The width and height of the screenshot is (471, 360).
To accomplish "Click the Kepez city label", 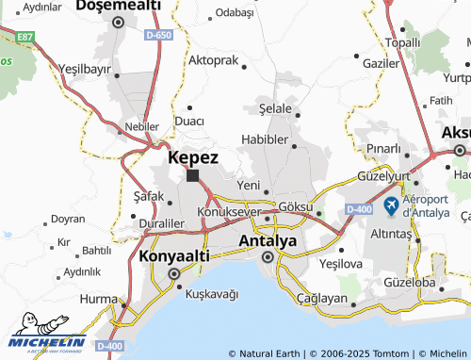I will [x=193, y=158].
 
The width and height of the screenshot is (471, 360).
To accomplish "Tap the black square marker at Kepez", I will [x=192, y=175].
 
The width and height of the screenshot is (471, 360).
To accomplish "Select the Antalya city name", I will [x=268, y=240].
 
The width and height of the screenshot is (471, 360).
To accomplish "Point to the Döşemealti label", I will [x=118, y=6].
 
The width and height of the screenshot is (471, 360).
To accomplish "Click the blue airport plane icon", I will [x=391, y=205].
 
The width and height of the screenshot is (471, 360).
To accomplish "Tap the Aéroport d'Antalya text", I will [x=432, y=205].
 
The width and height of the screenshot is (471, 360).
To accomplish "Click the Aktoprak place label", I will [x=213, y=59].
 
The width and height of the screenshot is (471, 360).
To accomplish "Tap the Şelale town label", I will [x=275, y=109].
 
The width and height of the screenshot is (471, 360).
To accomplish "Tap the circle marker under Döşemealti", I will [x=118, y=22].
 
